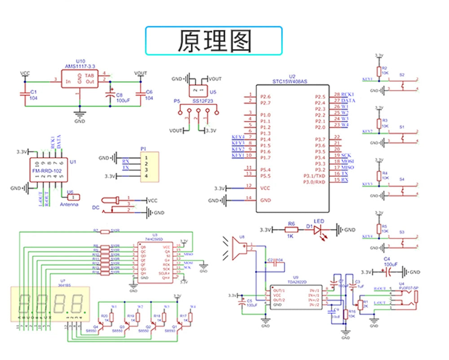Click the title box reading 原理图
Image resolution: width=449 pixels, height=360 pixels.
click(x=214, y=41)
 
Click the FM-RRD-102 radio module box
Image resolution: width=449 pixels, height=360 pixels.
click(x=49, y=171)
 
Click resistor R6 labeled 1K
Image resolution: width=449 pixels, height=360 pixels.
click(x=291, y=230)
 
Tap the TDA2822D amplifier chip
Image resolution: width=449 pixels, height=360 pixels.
click(x=295, y=297)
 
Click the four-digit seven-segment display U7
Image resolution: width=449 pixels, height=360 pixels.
click(x=50, y=304)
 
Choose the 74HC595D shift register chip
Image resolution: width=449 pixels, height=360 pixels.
click(x=154, y=262)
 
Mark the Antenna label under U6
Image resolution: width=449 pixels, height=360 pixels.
click(x=69, y=205)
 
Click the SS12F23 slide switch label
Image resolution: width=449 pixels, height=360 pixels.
click(x=202, y=101)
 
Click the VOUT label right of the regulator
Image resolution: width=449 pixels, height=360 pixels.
click(x=141, y=73)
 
